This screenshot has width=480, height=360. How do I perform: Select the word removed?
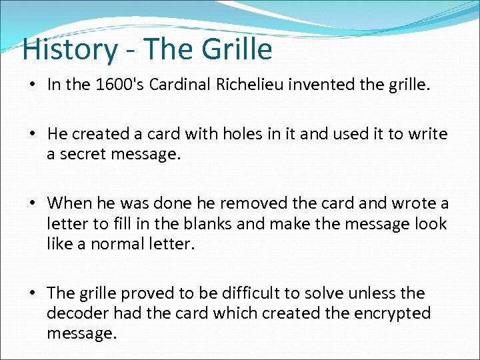pyautogui.click(x=253, y=203)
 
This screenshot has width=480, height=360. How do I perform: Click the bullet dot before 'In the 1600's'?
pyautogui.click(x=32, y=85)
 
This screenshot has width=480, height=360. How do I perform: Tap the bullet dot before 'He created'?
pyautogui.click(x=32, y=135)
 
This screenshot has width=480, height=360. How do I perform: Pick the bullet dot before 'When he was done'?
pyautogui.click(x=32, y=203)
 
